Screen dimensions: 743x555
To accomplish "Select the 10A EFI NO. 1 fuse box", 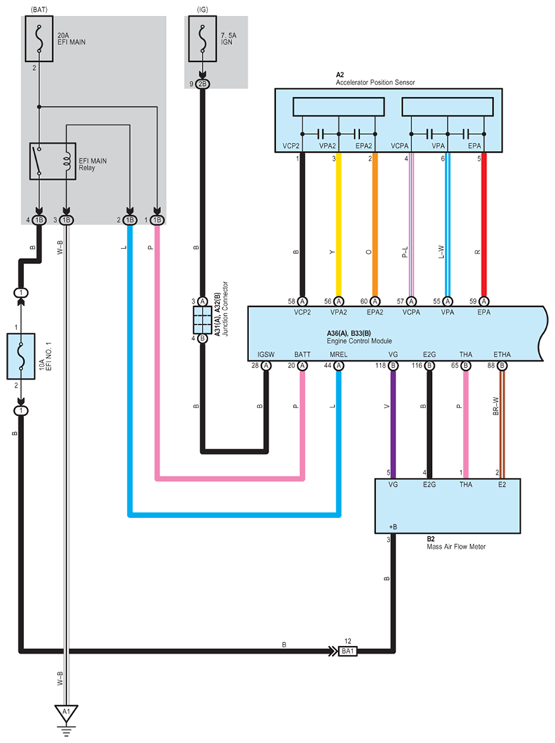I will click(20, 357).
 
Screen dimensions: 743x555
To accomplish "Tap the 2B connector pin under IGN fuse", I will click(203, 84).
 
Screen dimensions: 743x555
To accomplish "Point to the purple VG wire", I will click(393, 422).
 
